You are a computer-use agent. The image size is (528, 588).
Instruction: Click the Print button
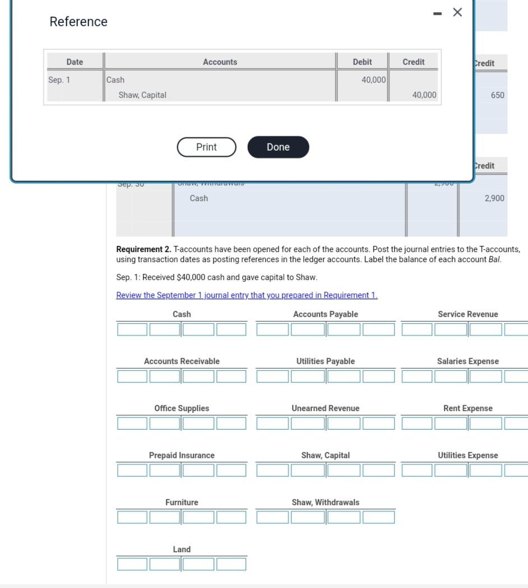coord(206,147)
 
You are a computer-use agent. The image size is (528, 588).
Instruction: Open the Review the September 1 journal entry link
coord(247,296)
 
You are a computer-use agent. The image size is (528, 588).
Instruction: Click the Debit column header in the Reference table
coord(362,62)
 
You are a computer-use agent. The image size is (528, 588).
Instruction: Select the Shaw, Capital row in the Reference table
coord(142,95)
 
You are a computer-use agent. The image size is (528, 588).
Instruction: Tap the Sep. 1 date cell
coord(59,80)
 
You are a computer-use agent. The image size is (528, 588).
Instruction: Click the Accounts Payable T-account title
coord(325,314)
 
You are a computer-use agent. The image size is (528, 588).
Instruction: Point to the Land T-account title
coord(182,549)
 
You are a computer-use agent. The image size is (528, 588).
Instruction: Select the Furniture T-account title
coord(182,502)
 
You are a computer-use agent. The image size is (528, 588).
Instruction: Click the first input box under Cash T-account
coord(132,329)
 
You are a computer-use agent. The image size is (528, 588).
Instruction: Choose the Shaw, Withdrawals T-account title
coord(325,502)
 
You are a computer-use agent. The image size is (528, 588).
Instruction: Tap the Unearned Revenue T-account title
coord(325,408)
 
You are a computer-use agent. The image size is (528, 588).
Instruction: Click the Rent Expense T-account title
coord(467,408)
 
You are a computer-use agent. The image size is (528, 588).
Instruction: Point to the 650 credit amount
coord(497,95)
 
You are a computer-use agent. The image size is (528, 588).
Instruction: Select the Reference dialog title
coord(78,22)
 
